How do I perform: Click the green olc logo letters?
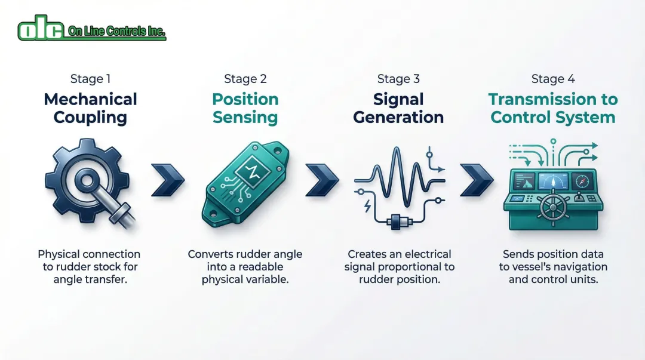click(41, 28)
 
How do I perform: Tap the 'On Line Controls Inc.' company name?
click(116, 31)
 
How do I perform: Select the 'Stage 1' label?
click(91, 79)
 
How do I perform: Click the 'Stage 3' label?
click(398, 79)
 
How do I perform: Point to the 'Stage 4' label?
click(553, 79)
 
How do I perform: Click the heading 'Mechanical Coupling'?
click(91, 108)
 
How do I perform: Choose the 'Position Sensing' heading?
click(245, 108)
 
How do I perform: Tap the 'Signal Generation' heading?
click(398, 108)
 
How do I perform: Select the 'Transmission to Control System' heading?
click(553, 108)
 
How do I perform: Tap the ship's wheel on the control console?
click(554, 208)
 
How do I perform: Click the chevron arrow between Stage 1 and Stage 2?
click(168, 180)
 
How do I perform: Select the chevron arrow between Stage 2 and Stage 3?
click(322, 180)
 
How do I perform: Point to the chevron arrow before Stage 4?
click(477, 180)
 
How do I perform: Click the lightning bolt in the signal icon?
click(368, 206)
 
